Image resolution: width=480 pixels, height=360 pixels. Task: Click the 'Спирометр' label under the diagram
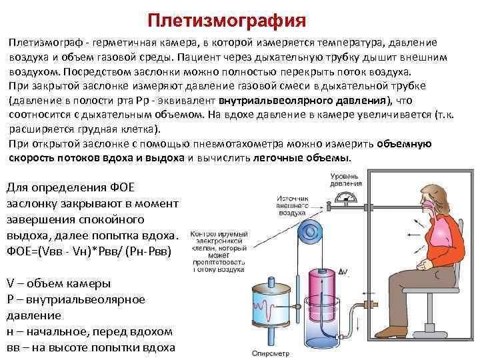[271, 353]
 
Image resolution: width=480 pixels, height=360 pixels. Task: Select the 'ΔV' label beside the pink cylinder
[344, 271]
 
